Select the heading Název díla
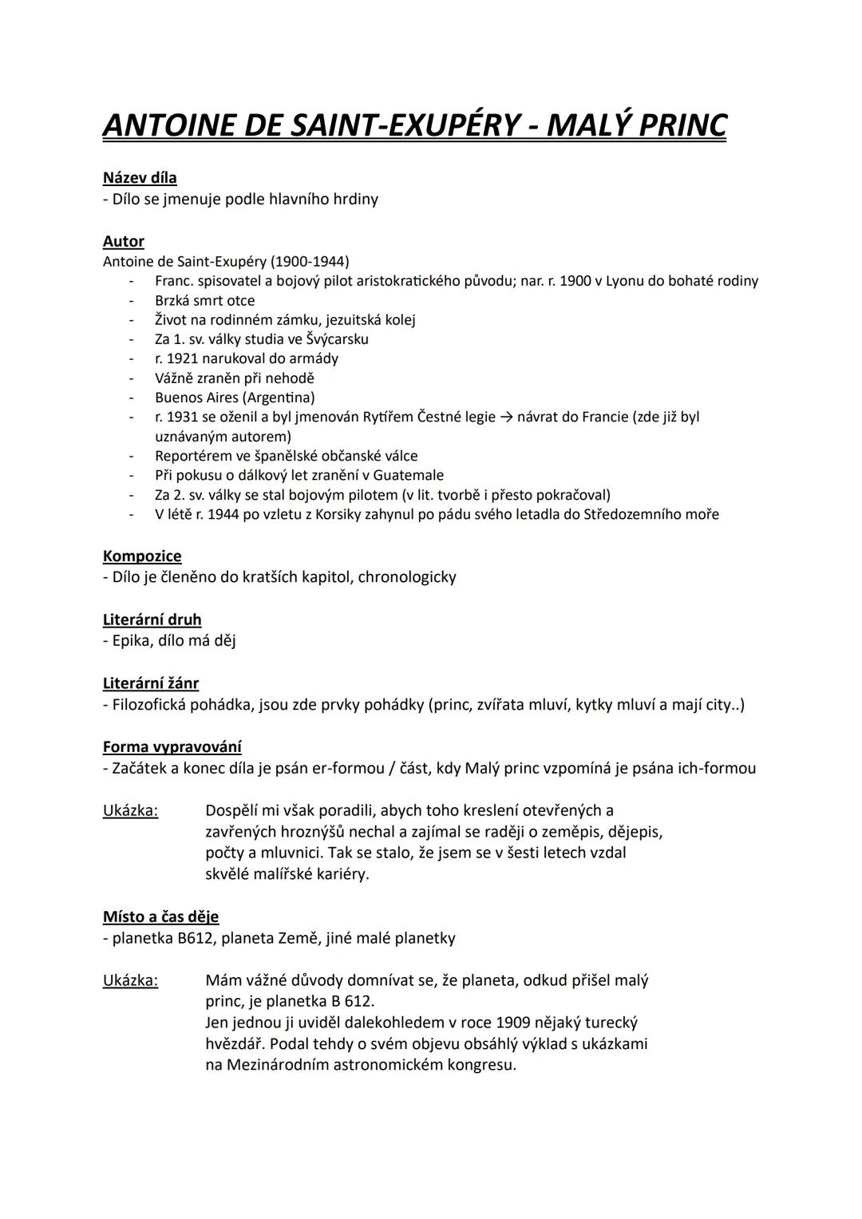[140, 178]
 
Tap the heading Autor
[124, 241]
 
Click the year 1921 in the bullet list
[182, 358]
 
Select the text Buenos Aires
[196, 398]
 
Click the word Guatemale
[404, 475]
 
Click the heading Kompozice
[142, 556]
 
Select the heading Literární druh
[152, 619]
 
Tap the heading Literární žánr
[151, 683]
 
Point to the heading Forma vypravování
[172, 747]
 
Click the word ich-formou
[717, 768]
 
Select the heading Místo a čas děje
[160, 916]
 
